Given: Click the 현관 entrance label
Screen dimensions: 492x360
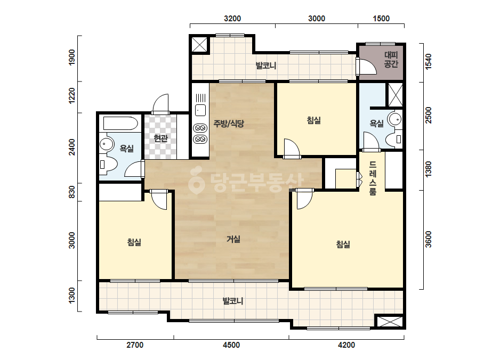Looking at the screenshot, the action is (160, 138).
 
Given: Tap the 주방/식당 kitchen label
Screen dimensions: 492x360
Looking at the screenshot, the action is (229, 123).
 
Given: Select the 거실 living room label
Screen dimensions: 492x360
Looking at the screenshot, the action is (233, 239).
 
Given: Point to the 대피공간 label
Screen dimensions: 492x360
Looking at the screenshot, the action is (391, 60).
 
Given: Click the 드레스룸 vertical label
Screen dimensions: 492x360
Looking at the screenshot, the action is (373, 178).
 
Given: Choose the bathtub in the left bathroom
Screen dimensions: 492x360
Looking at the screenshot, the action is (120, 123).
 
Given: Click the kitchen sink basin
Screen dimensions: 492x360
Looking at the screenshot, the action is (200, 110).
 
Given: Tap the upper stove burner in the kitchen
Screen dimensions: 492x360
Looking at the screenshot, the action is (200, 128).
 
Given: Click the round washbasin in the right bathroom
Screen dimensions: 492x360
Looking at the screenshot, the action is (395, 119).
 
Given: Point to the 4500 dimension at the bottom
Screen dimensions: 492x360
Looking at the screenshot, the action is (231, 345).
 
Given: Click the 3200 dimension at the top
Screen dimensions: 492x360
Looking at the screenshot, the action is (232, 19).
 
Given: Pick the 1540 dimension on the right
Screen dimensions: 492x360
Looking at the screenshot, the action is (428, 61).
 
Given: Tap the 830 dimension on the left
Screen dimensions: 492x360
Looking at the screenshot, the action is (72, 192).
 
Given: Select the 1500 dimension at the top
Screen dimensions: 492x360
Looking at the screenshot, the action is (381, 19).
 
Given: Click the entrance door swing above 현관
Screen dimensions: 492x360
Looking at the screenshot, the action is (160, 103).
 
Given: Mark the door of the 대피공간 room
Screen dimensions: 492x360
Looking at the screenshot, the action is (366, 67).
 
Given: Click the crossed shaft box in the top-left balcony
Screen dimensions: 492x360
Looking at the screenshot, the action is (199, 44).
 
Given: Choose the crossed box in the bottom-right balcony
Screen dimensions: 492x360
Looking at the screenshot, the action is (390, 322).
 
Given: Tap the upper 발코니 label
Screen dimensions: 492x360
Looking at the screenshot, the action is (266, 66).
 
